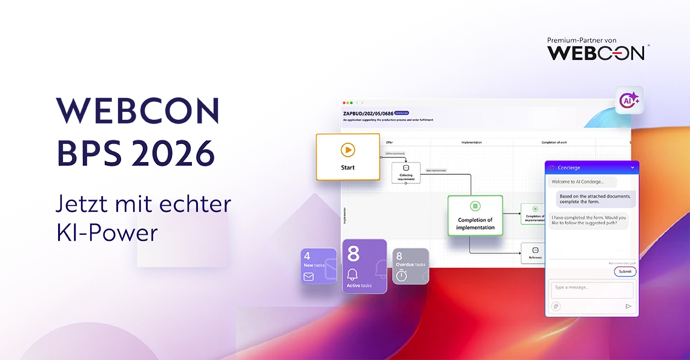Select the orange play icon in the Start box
347,150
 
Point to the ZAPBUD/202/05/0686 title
367,113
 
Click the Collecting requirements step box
406,172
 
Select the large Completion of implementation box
475,215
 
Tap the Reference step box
535,253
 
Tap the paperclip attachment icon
555,306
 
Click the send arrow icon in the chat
628,306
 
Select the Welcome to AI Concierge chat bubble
582,182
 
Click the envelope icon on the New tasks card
309,277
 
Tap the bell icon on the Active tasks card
353,274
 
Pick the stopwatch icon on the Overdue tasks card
401,275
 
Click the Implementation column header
471,142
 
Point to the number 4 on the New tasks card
307,256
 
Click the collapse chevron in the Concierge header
632,167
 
